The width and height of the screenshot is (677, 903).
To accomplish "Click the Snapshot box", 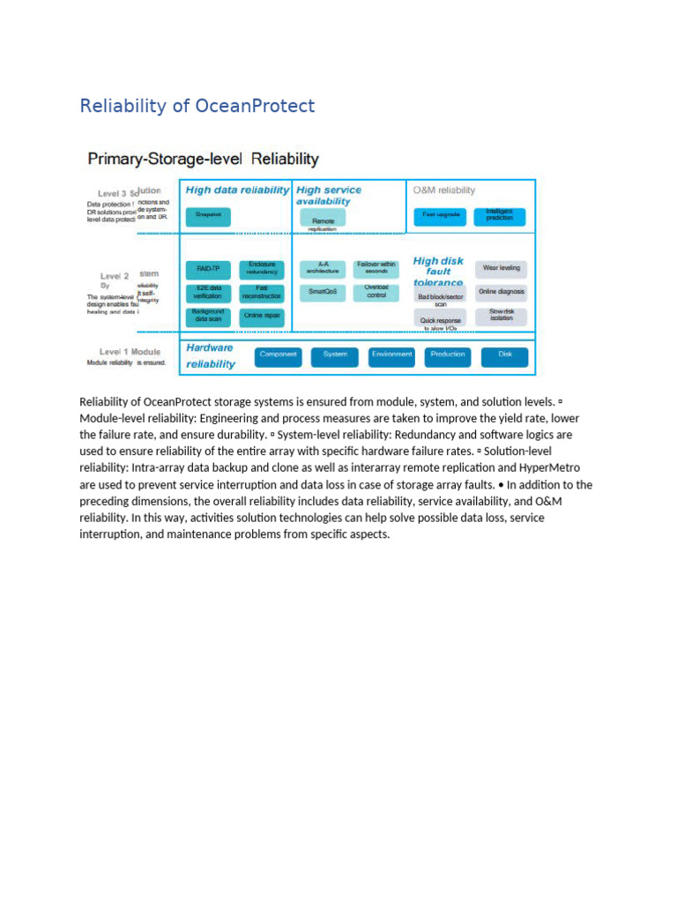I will pos(208,215).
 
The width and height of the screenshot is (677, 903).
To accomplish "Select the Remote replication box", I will pos(323,219).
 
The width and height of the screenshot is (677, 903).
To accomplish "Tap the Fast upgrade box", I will pos(441,215).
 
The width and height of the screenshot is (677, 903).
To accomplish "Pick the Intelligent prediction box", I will pos(500,215).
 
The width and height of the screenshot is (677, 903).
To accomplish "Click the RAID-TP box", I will pos(208,268).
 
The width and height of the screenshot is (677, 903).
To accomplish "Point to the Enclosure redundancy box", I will pos(262,268).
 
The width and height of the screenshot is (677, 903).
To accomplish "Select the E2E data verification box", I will pos(208,292).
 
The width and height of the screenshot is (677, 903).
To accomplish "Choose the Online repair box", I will pos(262,315).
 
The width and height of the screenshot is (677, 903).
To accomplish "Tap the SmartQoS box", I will pos(323,291).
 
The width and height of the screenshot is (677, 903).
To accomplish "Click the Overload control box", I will pos(376,291).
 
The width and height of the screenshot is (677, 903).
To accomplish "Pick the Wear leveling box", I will pos(502,268).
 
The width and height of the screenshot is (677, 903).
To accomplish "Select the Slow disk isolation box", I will pos(502,315).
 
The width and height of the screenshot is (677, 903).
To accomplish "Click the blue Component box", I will pos(279,355).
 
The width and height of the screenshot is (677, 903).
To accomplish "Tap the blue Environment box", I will pos(392,355).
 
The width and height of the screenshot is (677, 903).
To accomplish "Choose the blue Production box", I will pos(448,355).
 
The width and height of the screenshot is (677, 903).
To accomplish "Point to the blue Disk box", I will pos(505,355).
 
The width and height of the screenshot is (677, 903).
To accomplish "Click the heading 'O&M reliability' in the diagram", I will pos(444,190).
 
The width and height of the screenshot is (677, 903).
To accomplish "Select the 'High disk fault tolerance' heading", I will pos(438,272).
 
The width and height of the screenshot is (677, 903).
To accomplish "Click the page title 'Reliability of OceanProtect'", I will pos(197,107).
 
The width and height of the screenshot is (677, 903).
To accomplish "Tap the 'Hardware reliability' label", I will pos(211,355).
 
